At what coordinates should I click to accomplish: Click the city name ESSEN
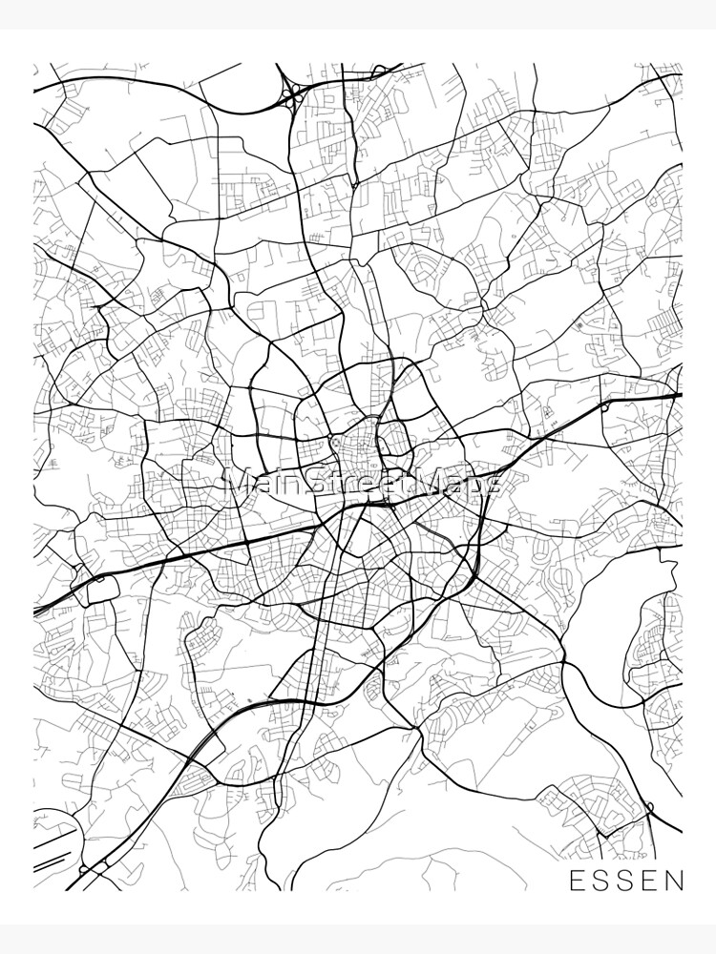(626, 880)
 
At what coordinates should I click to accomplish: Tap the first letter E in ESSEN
(578, 880)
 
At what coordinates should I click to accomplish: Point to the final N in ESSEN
(675, 880)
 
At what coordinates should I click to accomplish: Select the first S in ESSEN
(601, 880)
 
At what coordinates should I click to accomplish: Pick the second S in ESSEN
(626, 880)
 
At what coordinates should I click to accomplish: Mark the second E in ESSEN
(650, 880)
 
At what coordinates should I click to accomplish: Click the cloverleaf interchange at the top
(291, 93)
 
